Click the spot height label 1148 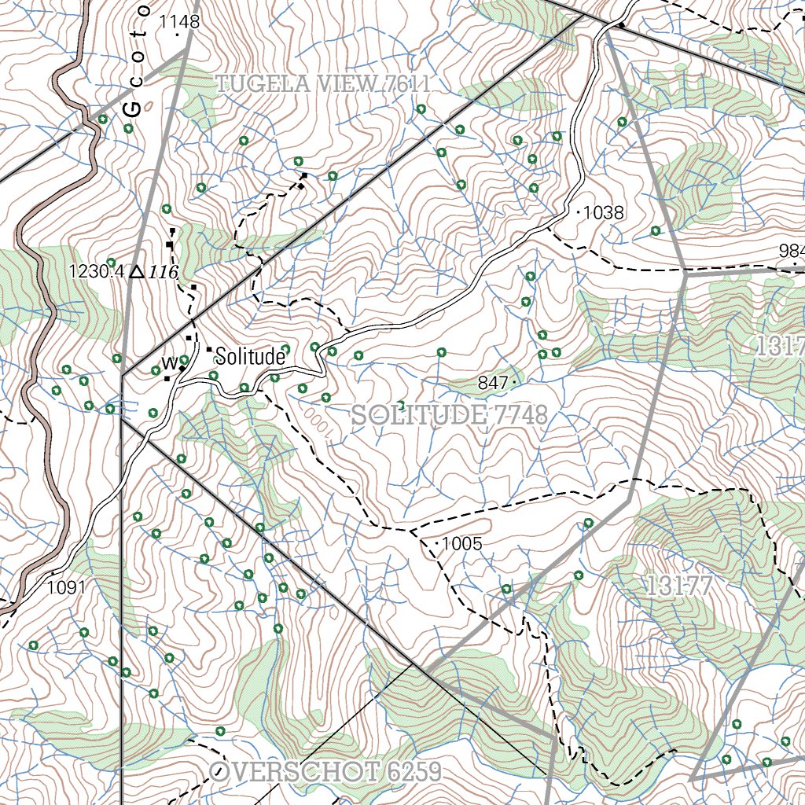click(179, 22)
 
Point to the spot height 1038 click(603, 212)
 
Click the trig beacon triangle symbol click(137, 271)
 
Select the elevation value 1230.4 click(97, 272)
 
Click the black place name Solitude click(249, 357)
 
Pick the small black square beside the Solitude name click(209, 349)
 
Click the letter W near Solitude click(168, 362)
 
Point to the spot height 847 click(492, 383)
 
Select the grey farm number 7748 click(516, 416)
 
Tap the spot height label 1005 click(462, 543)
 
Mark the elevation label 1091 click(66, 586)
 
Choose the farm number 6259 click(414, 771)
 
